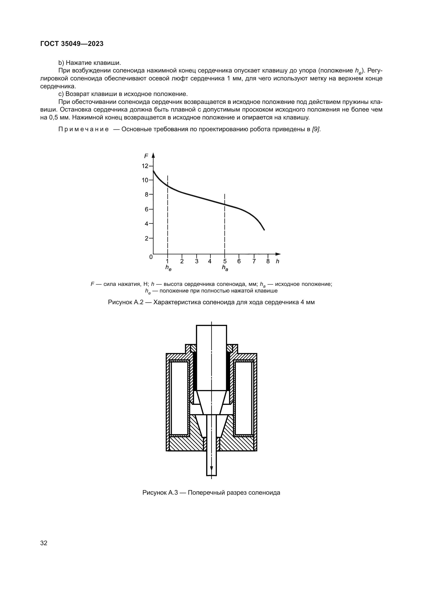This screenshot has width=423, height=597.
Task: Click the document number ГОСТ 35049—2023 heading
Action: click(72, 44)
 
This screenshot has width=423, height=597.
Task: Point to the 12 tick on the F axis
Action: click(145, 166)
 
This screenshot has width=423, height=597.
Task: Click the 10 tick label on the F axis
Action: click(145, 180)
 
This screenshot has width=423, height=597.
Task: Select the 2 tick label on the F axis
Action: click(147, 238)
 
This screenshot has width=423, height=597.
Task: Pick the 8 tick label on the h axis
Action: click(268, 261)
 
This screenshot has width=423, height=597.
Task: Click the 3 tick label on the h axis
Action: click(197, 261)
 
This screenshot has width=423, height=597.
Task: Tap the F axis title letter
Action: click(146, 156)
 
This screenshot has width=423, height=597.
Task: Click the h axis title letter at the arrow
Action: click(277, 261)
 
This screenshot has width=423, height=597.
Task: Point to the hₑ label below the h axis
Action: click(168, 267)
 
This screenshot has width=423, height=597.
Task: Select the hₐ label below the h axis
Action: click(225, 267)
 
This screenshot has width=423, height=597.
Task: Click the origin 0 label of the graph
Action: click(151, 257)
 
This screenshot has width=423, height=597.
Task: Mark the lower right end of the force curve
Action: click(264, 230)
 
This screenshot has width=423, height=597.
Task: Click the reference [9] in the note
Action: click(316, 129)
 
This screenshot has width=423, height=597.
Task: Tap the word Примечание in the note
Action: click(83, 129)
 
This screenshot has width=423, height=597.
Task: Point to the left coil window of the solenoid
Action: click(180, 398)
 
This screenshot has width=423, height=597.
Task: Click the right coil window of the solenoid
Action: click(243, 398)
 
